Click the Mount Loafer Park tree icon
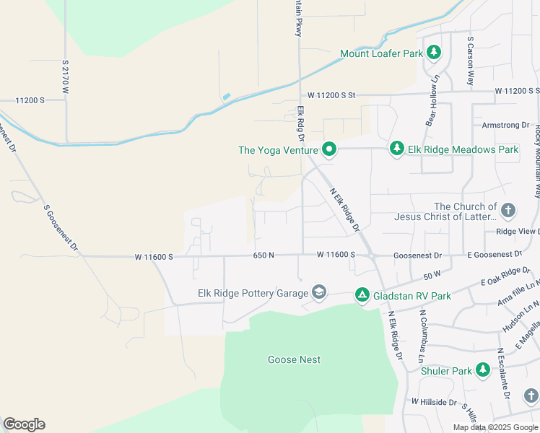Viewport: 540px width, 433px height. (433, 53)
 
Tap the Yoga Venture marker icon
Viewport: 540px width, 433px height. (329, 149)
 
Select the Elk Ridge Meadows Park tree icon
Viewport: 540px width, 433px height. (396, 149)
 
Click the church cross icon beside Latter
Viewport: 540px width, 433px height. (508, 211)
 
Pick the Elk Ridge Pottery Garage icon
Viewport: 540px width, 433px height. (318, 293)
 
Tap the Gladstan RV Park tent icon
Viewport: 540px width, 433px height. (362, 294)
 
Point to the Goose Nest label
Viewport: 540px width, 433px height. (294, 359)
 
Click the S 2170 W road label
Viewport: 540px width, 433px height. (65, 78)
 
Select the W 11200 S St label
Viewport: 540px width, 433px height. (332, 95)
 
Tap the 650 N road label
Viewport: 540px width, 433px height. (263, 255)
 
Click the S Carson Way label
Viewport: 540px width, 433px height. (470, 61)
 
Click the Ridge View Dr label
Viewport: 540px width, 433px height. (517, 232)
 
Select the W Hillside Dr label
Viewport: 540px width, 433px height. (435, 401)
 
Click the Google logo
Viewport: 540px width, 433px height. (24, 424)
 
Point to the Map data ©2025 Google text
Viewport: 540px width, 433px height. (495, 427)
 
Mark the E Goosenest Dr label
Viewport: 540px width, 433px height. (494, 255)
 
